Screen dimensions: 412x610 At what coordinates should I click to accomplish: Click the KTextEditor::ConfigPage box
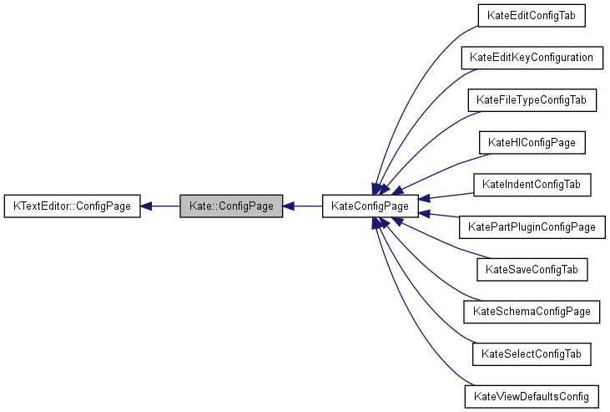[x=73, y=206]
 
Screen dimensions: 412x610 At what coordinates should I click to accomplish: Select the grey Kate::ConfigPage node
[x=231, y=206]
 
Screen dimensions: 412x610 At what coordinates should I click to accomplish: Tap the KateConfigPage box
[x=370, y=206]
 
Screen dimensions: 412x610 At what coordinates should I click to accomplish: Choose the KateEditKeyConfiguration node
[x=532, y=58]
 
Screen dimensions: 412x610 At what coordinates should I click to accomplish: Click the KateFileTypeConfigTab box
[x=532, y=100]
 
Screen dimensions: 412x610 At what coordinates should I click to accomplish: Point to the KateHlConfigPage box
[x=532, y=142]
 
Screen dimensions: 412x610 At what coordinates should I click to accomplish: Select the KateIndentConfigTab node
[x=532, y=184]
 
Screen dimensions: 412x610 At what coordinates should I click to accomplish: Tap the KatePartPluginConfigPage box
[x=532, y=226]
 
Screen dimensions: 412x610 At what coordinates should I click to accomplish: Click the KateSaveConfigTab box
[x=532, y=269]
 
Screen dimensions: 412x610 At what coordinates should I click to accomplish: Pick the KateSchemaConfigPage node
[x=532, y=311]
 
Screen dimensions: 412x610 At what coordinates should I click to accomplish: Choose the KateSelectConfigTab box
[x=532, y=354]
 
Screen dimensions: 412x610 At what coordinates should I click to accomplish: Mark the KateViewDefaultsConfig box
[x=532, y=396]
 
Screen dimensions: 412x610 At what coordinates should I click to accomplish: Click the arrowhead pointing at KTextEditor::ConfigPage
[x=146, y=206]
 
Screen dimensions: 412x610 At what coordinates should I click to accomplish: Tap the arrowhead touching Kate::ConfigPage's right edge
[x=290, y=206]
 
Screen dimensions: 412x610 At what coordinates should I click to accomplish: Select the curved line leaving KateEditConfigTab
[x=417, y=75]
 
